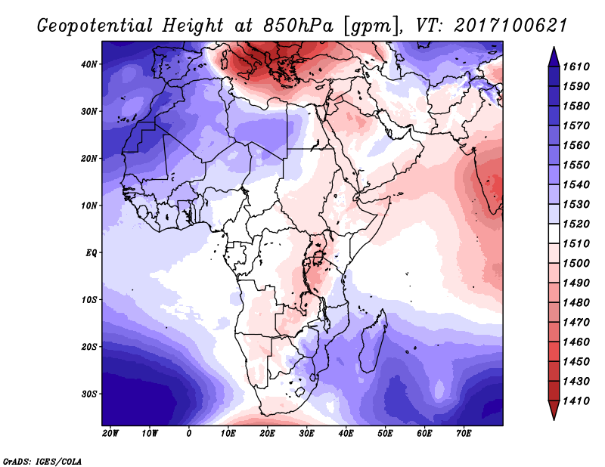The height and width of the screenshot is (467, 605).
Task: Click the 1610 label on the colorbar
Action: coord(576,66)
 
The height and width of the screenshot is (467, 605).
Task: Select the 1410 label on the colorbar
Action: coord(576,401)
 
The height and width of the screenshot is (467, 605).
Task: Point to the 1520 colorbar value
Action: coord(576,224)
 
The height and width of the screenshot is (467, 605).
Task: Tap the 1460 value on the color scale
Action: coord(576,342)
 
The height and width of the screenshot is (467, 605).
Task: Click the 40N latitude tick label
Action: coord(89,64)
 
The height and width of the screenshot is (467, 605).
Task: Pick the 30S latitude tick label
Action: coord(89,394)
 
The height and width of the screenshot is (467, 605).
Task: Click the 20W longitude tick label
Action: coord(110,434)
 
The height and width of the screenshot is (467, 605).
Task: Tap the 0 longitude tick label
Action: coord(188,434)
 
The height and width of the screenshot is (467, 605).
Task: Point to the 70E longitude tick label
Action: coord(464,434)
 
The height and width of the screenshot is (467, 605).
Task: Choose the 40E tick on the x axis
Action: coord(346,434)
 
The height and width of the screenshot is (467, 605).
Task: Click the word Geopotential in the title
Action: coord(95,26)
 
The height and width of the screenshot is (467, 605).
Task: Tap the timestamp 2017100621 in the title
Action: coord(510,26)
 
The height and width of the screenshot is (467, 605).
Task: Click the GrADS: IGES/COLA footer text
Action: coord(42,462)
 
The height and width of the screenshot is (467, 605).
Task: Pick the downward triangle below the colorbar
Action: coord(554,410)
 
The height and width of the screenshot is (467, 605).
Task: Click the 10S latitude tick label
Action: coord(89,300)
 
